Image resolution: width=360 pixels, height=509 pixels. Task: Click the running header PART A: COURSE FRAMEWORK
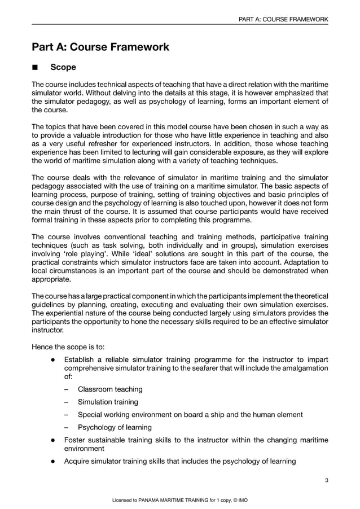[283, 19]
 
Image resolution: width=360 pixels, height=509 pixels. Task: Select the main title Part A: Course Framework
[100, 47]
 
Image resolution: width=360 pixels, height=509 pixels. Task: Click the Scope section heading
[63, 68]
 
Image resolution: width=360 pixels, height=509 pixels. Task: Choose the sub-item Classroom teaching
[110, 389]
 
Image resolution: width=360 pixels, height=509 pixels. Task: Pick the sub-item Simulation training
[108, 402]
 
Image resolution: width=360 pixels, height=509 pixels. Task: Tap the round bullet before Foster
[52, 440]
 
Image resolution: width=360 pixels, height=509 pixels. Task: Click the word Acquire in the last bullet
[79, 462]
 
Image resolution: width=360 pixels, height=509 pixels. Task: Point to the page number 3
[327, 480]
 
